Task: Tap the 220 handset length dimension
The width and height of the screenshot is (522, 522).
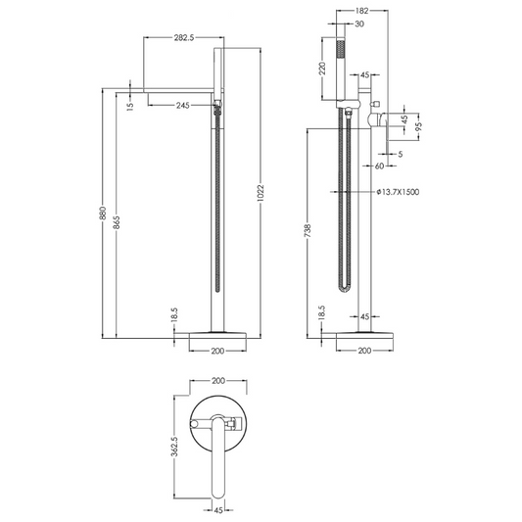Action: [x=321, y=69]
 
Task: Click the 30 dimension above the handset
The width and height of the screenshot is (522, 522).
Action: [x=359, y=24]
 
